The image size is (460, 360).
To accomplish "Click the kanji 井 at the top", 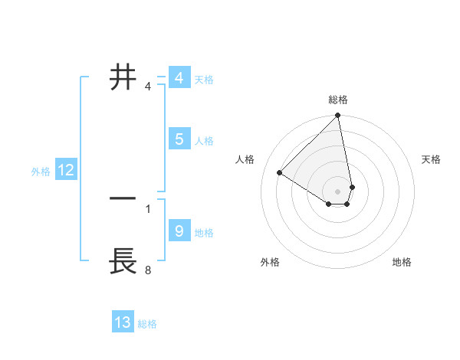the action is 123,77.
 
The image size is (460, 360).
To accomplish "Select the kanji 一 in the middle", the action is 123,199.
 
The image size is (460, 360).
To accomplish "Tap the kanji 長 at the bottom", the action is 123,261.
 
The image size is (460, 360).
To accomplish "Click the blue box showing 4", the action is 179,78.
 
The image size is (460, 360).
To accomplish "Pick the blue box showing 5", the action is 179,139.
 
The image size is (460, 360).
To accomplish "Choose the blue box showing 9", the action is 179,231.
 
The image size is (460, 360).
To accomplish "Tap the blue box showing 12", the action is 66,170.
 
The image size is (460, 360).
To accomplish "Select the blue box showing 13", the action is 123,322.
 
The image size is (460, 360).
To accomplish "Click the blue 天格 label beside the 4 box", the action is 204,80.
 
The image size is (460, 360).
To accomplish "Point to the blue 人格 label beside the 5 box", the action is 204,141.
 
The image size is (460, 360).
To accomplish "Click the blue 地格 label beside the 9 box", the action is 204,233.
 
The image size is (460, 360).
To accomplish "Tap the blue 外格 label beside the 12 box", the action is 41,172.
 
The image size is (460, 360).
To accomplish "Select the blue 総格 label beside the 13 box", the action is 147,324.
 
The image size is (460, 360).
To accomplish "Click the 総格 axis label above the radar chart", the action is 338,100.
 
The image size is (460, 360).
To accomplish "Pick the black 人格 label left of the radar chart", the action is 245,159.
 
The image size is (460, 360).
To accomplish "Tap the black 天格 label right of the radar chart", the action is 432,159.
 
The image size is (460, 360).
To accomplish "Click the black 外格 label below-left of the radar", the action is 270,262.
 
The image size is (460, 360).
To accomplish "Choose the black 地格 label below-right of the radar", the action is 402,262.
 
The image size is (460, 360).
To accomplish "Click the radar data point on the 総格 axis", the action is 338,116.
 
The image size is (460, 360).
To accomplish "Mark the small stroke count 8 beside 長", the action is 148,270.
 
